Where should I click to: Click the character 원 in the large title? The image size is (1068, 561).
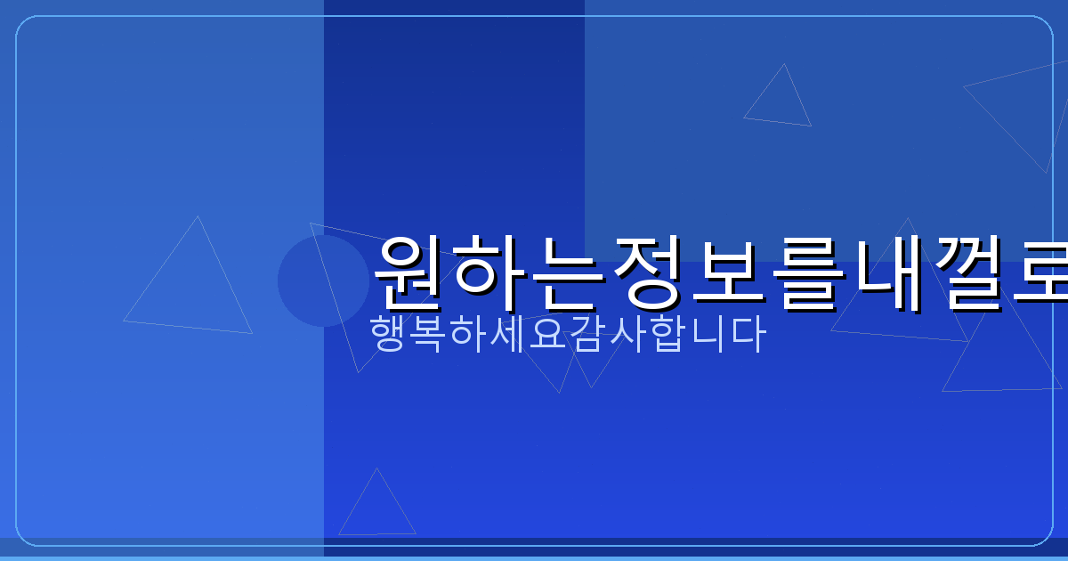[412, 271]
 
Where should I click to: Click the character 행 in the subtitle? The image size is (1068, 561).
[389, 334]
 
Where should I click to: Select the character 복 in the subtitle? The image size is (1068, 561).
[428, 334]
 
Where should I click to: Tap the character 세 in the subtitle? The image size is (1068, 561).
[507, 334]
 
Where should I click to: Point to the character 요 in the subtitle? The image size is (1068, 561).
[546, 334]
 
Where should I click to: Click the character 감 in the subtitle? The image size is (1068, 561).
[587, 334]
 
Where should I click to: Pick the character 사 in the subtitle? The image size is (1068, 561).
[626, 334]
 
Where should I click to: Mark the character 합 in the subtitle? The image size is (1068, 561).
[666, 334]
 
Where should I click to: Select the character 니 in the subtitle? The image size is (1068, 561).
[705, 334]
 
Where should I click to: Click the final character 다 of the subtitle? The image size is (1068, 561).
[745, 334]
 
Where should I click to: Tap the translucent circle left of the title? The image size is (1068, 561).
[323, 280]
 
